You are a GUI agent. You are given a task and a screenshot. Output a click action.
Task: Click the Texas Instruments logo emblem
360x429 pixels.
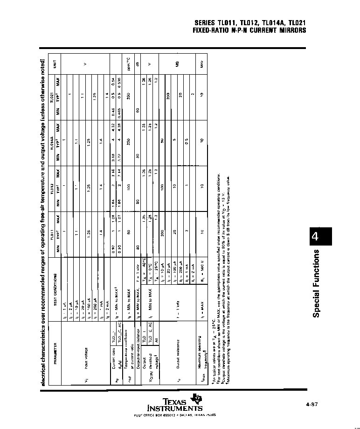(x=199, y=400)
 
